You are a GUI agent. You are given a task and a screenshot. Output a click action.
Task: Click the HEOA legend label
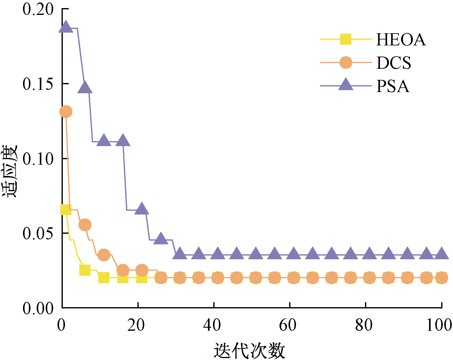[x=400, y=39]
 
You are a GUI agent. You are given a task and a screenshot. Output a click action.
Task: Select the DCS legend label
[x=394, y=63]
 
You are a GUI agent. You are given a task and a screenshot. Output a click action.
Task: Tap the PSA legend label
[x=393, y=86]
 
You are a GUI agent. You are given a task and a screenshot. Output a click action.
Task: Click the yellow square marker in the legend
[x=346, y=39]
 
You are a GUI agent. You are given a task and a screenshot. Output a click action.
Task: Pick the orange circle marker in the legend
[x=346, y=62]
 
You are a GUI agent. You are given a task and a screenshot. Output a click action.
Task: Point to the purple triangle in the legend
[x=346, y=85]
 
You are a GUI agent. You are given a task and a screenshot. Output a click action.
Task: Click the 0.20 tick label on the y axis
[x=34, y=9]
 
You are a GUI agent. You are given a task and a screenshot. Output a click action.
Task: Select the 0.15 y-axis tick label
[x=34, y=84]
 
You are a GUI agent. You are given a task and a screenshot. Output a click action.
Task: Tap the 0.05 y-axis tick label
[x=34, y=233]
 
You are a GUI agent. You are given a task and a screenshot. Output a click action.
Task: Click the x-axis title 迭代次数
[x=249, y=351]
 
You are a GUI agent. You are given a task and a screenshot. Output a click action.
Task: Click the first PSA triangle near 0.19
[x=66, y=27]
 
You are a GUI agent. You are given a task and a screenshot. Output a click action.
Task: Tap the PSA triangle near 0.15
[x=85, y=88]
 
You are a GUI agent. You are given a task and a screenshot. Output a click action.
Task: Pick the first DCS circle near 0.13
[x=66, y=112]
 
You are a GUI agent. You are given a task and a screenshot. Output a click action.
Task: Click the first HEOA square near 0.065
[x=66, y=210]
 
